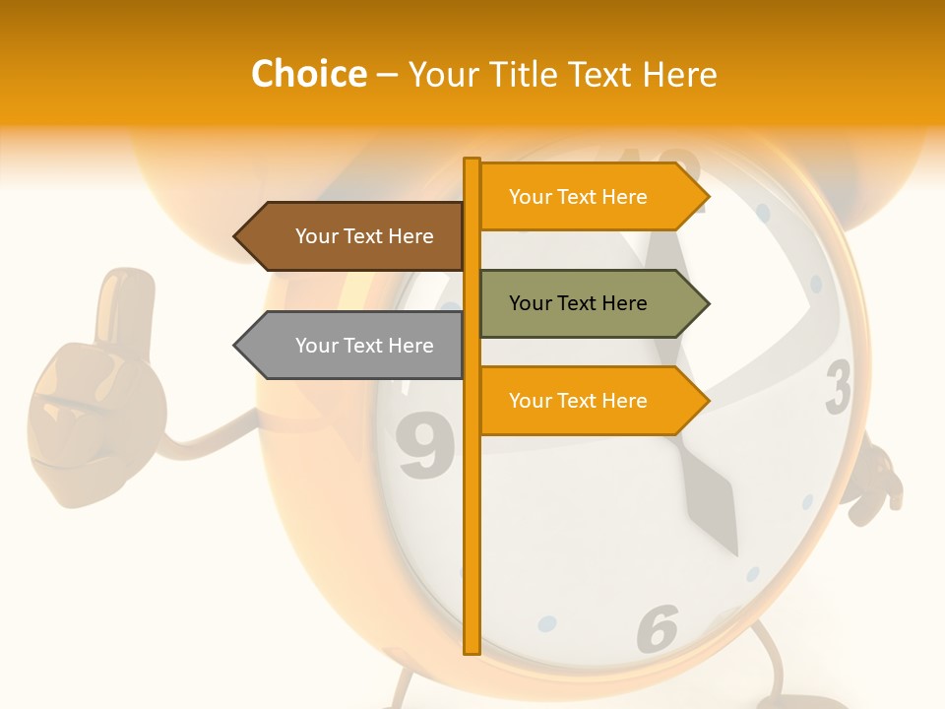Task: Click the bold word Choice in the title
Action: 308,74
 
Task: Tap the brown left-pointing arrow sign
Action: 349,236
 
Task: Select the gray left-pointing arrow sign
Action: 349,346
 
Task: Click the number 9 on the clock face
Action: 425,447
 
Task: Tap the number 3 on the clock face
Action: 838,388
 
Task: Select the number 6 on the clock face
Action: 658,628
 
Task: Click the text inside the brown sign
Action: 364,236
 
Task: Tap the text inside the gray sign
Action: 364,346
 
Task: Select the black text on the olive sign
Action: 578,303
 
